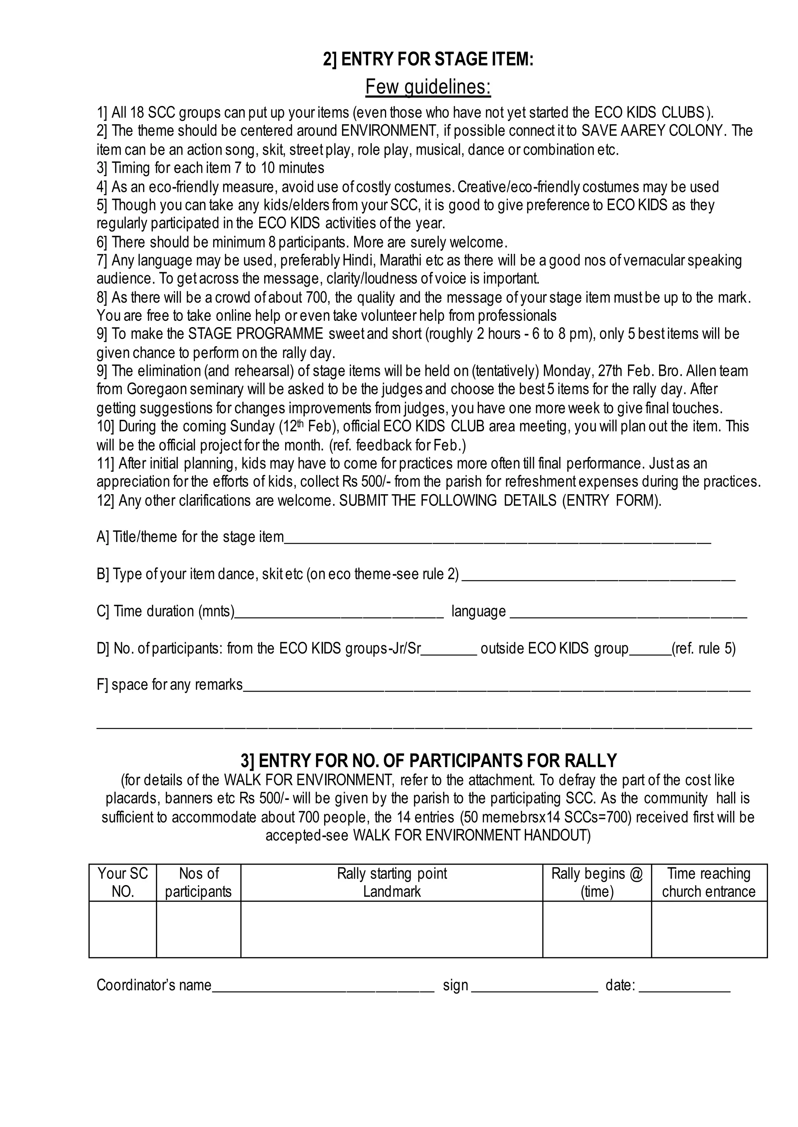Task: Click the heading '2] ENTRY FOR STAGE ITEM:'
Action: (428, 60)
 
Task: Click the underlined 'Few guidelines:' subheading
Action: (428, 87)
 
